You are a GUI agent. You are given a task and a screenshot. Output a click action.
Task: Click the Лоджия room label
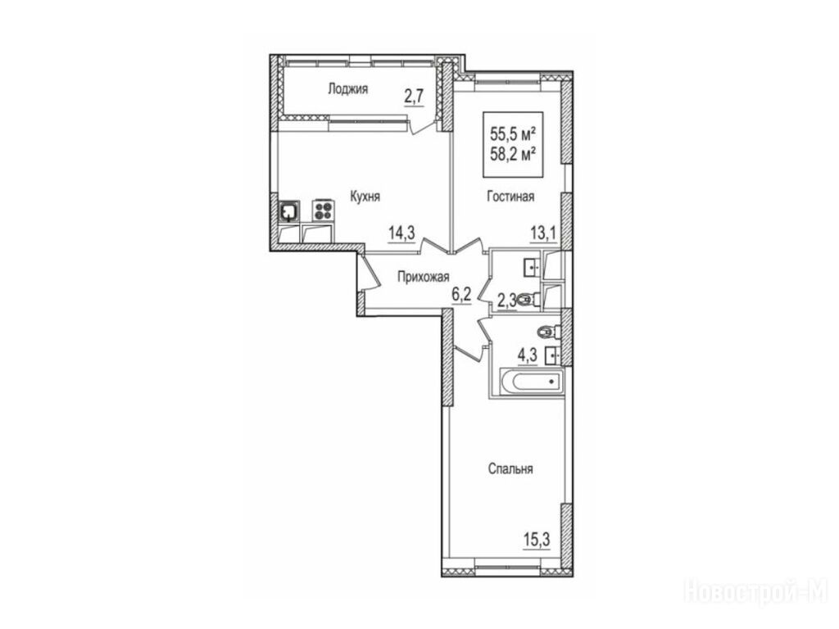[x=347, y=89]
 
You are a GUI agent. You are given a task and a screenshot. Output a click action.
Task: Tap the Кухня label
[x=365, y=197]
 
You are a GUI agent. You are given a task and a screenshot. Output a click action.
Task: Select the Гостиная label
[x=510, y=197]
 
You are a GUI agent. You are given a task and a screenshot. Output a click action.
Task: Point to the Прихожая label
[x=424, y=277]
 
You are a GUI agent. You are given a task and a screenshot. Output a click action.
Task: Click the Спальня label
[x=510, y=469]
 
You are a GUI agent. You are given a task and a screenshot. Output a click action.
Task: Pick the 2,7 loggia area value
[x=414, y=97]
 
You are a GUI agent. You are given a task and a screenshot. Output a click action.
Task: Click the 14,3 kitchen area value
[x=402, y=233]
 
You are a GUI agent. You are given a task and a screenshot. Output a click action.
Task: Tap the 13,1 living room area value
[x=544, y=233]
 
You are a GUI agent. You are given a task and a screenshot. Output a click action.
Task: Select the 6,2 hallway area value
[x=461, y=294]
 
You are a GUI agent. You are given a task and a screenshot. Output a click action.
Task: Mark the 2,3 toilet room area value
[x=506, y=301]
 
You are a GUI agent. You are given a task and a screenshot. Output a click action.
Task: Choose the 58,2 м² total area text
[x=513, y=155]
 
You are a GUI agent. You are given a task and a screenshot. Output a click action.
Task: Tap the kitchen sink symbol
[x=289, y=210]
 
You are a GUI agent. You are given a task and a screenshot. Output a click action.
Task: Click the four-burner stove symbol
[x=323, y=210]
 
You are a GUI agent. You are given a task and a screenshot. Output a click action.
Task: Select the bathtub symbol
[x=532, y=382]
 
